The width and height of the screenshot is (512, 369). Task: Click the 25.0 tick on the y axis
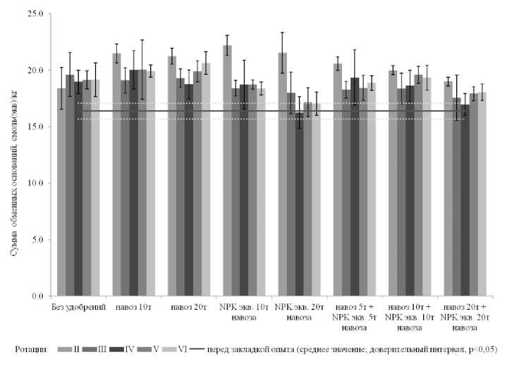tap(34, 14)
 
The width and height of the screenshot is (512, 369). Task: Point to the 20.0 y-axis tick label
tap(34, 71)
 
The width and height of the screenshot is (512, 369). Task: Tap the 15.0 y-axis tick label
tap(34, 127)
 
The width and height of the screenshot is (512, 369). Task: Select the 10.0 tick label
tap(34, 183)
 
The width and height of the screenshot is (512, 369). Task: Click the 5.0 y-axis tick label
tap(36, 240)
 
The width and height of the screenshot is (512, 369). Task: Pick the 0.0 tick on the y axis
tap(36, 296)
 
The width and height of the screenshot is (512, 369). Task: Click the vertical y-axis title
tap(13, 155)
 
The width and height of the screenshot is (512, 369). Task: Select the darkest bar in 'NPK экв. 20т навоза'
tap(299, 205)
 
